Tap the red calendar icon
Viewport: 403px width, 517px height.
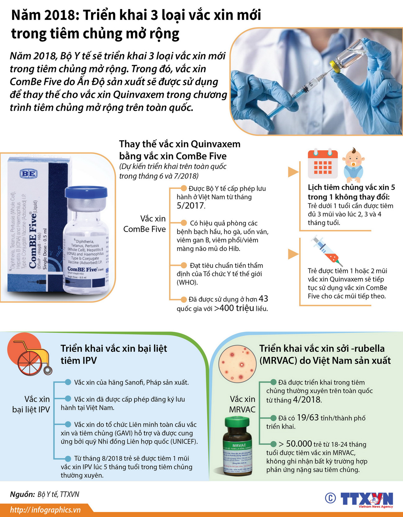[x=323, y=164]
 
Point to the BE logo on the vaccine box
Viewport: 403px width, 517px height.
[x=29, y=174]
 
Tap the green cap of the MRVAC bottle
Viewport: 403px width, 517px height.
[x=237, y=423]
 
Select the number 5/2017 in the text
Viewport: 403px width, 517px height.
[x=191, y=206]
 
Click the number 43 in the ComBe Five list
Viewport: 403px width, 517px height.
[x=263, y=299]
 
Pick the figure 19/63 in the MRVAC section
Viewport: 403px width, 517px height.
[x=308, y=418]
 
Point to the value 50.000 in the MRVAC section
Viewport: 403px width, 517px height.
[x=299, y=444]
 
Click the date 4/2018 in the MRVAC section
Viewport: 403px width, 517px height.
[x=307, y=400]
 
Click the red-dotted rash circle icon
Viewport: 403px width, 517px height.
[x=237, y=363]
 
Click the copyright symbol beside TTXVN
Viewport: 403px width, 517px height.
[x=330, y=498]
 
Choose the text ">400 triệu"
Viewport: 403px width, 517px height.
[x=234, y=308]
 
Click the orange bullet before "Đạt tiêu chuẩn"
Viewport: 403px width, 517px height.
[x=184, y=265]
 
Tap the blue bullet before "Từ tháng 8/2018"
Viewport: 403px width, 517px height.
[x=68, y=458]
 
